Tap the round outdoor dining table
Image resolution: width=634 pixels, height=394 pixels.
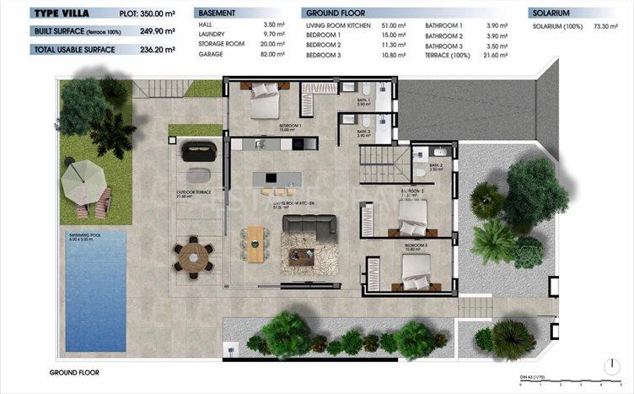(x=195, y=256)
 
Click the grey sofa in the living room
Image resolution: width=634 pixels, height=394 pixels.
(x=309, y=224)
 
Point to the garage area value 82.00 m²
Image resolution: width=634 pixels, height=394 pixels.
(x=275, y=54)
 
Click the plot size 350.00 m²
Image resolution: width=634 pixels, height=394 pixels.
(x=157, y=13)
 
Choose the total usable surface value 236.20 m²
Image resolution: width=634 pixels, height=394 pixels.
(x=158, y=50)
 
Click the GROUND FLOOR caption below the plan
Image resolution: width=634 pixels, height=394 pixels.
(x=75, y=372)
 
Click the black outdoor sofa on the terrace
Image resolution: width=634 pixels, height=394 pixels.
(x=201, y=150)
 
